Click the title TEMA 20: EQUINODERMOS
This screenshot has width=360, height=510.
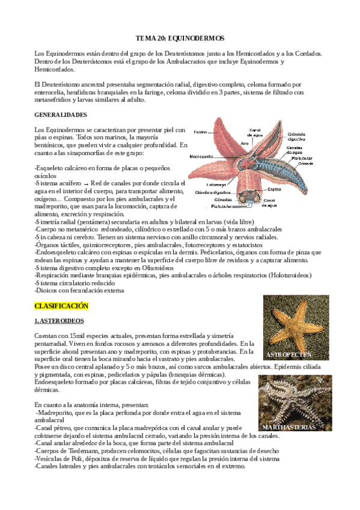tap(180, 37)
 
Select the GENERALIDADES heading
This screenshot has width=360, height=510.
tap(61, 114)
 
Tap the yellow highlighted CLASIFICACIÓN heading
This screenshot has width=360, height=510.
tap(61, 306)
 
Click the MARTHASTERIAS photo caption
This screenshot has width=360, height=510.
tap(289, 426)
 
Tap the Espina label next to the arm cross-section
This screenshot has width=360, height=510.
tap(270, 188)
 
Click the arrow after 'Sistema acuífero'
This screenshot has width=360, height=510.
tap(86, 183)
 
